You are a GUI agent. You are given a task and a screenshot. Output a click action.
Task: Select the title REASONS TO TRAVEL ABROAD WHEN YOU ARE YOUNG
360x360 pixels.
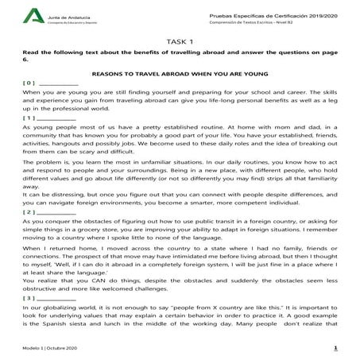180,72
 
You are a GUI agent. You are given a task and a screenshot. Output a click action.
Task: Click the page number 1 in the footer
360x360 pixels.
335,347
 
